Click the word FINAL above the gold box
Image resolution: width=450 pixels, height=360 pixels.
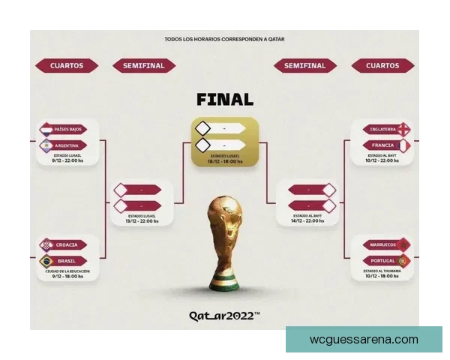225,99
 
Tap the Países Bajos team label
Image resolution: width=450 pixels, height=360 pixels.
69,130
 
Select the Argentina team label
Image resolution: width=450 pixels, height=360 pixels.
69,145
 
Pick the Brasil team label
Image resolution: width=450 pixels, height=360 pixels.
69,261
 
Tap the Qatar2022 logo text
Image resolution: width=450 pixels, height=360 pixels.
224,316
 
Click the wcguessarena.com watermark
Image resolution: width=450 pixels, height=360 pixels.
364,340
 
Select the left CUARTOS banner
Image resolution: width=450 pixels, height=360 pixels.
67,66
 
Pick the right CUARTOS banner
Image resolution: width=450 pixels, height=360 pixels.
382,66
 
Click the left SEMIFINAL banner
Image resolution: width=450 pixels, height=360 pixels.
143,66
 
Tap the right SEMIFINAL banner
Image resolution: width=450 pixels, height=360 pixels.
305,66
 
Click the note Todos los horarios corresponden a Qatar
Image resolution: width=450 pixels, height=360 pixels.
224,39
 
